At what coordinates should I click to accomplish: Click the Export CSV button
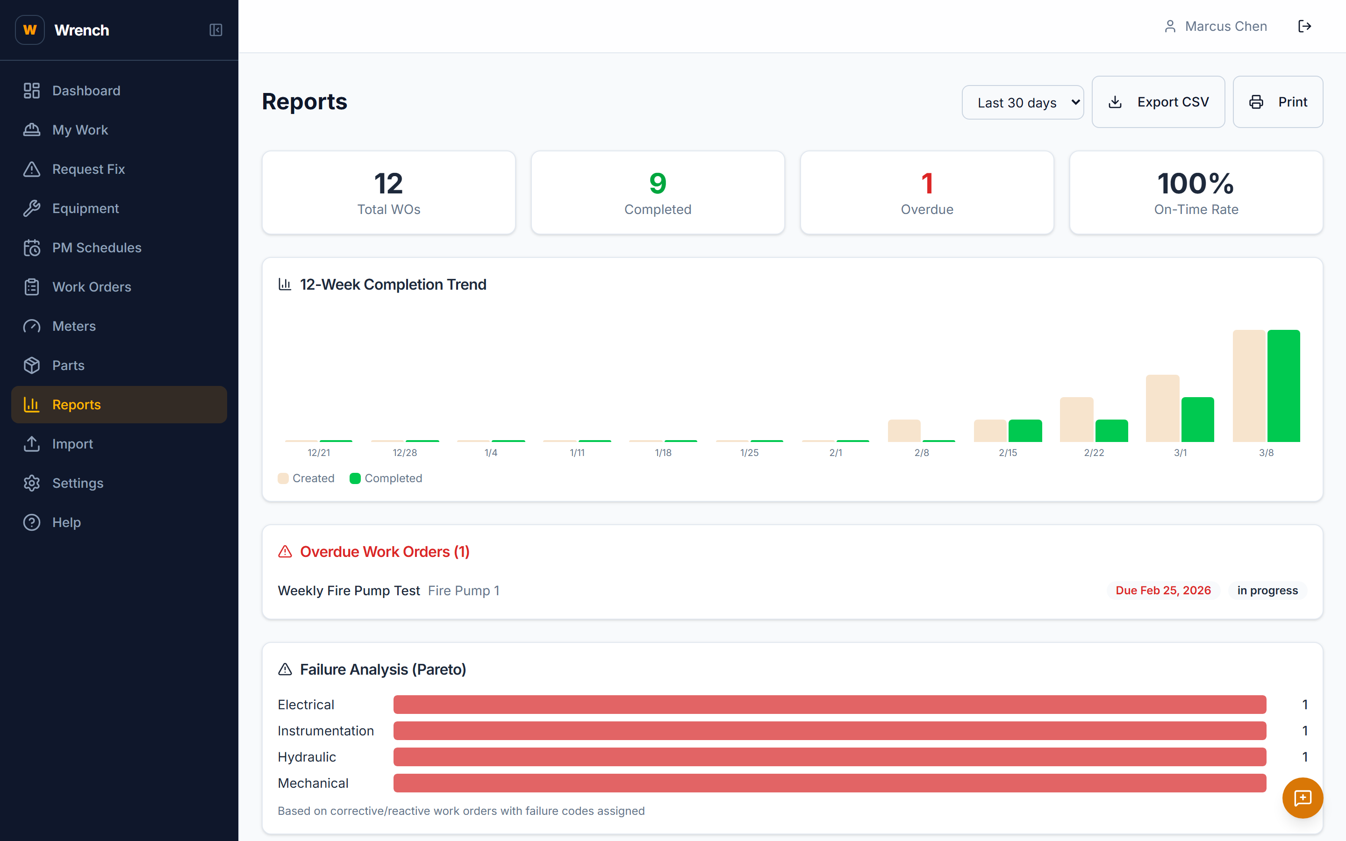[1158, 102]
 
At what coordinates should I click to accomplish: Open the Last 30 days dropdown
[1022, 102]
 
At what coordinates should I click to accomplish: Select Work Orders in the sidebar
[91, 287]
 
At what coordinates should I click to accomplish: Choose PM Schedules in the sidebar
[96, 248]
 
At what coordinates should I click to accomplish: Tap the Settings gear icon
[32, 483]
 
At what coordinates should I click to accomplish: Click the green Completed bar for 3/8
[1283, 385]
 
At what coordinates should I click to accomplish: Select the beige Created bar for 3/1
[1162, 408]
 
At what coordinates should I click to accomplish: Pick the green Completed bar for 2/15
[1024, 430]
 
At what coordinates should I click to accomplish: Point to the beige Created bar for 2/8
[904, 430]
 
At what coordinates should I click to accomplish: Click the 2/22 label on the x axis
[1094, 453]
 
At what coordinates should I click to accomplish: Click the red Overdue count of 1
[927, 184]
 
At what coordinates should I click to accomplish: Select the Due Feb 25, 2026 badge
[1162, 590]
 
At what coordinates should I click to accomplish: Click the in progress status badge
[1267, 590]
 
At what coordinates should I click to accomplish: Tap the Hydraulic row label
[307, 756]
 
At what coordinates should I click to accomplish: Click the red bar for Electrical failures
[829, 704]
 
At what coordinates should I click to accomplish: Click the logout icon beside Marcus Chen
[1304, 26]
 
